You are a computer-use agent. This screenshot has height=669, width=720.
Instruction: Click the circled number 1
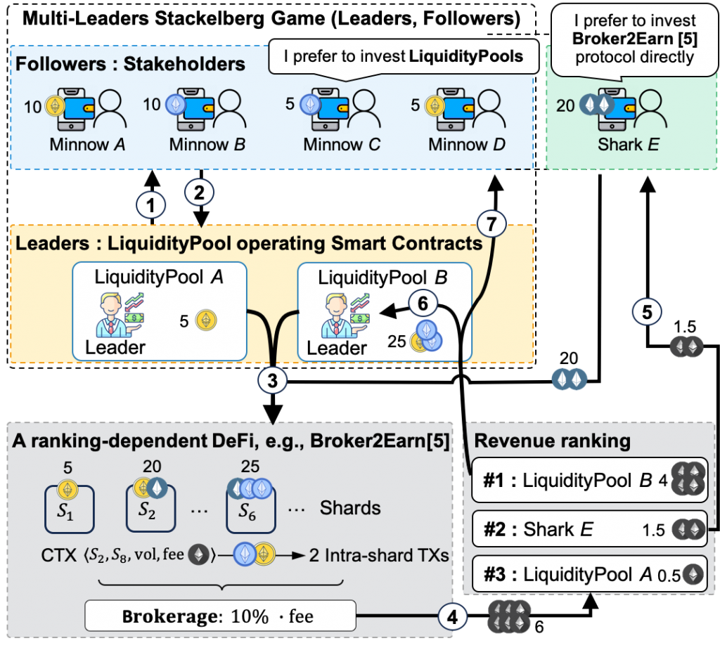(151, 206)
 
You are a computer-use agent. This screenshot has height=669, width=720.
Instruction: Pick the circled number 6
(422, 304)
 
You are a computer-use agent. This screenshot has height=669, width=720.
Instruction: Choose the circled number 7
(491, 225)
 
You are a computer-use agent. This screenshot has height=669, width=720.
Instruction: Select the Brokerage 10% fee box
(219, 617)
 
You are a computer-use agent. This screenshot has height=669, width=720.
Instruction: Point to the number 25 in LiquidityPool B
(397, 342)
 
